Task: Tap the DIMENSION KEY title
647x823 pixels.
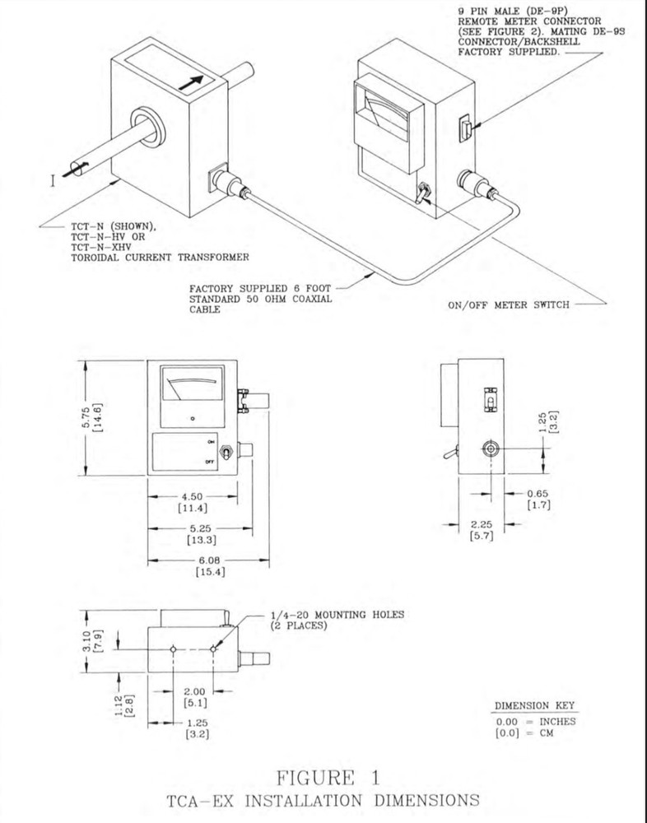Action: pos(535,706)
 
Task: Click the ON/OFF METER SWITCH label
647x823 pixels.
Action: pos(507,304)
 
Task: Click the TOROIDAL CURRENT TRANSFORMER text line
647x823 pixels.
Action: pos(156,257)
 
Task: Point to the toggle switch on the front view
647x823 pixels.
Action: pos(245,453)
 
